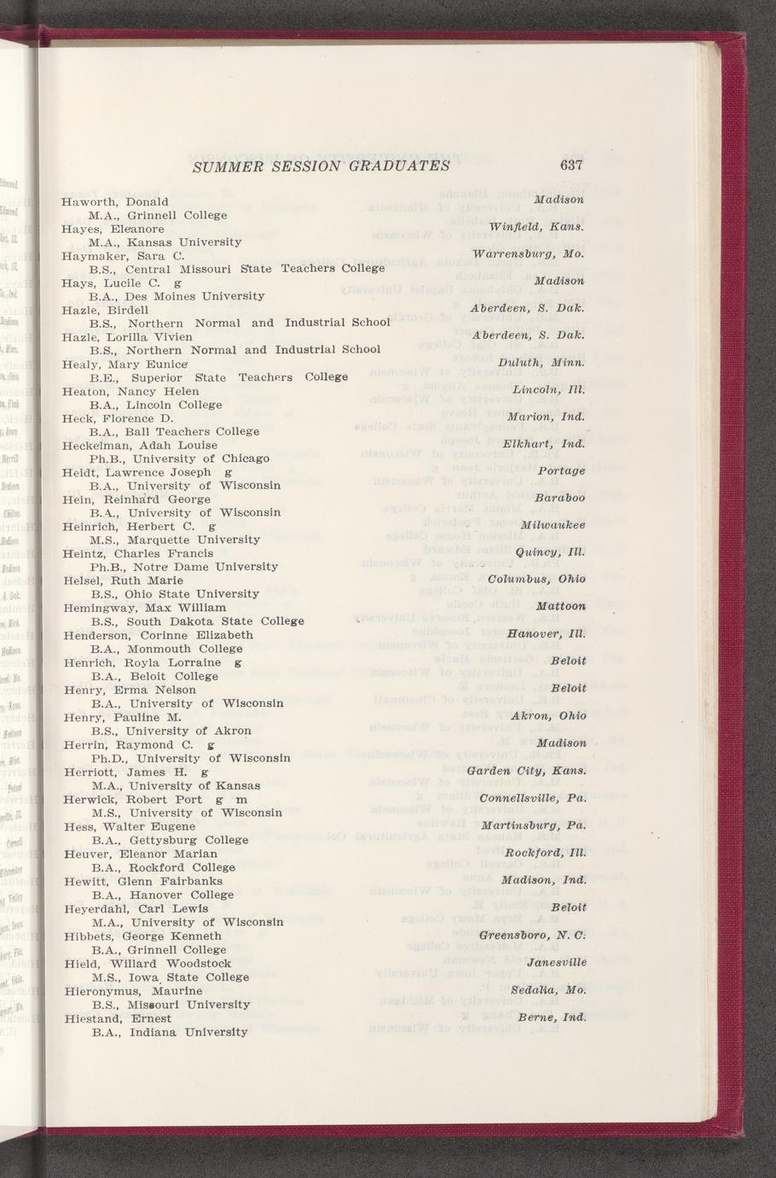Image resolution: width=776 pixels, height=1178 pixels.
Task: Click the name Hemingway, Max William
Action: click(144, 607)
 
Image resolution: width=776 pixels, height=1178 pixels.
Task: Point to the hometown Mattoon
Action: click(560, 606)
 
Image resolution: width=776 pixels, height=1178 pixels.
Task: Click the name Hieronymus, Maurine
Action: click(133, 991)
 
